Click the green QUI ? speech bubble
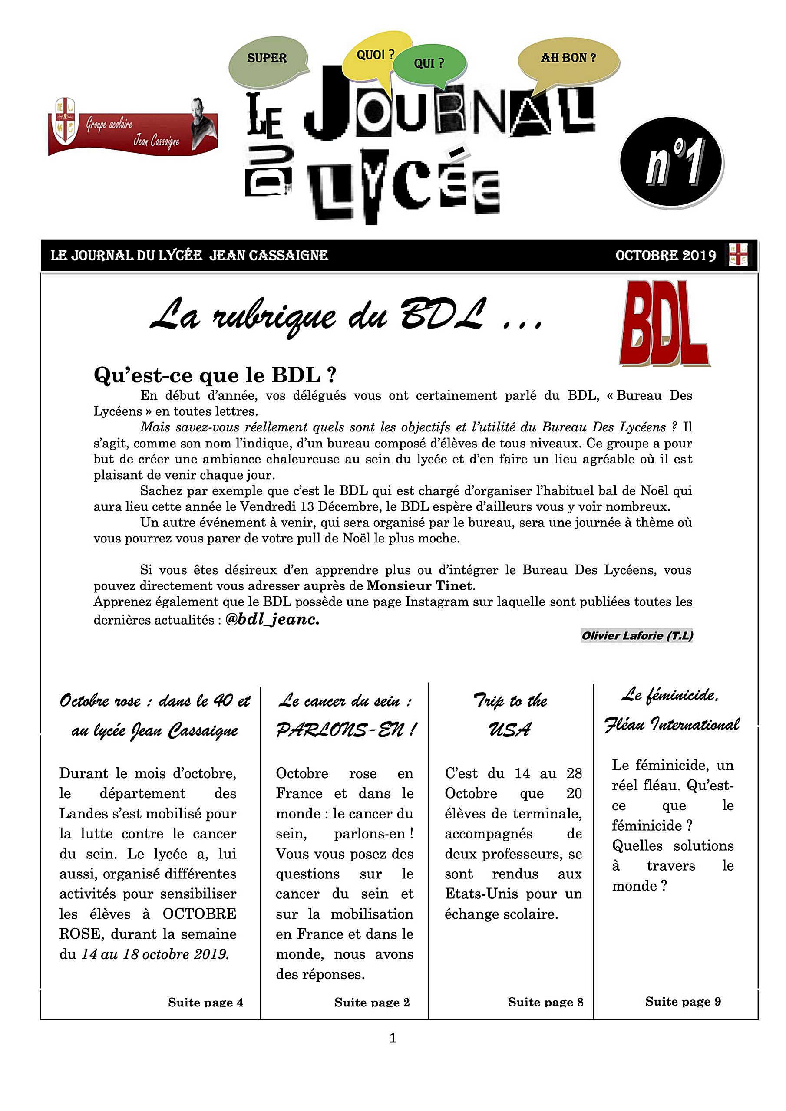[x=429, y=63]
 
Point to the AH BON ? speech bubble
[x=568, y=59]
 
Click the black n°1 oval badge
[x=672, y=162]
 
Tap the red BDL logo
[x=664, y=323]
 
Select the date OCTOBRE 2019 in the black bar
[x=665, y=256]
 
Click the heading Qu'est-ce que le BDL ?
[x=215, y=375]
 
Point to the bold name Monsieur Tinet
[x=419, y=585]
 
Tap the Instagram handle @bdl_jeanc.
[x=272, y=619]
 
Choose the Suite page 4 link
[x=205, y=1002]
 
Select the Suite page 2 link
[x=372, y=1002]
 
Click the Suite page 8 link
[x=545, y=1002]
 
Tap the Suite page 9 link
[x=683, y=1001]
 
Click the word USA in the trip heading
[x=510, y=730]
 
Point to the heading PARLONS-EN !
[x=346, y=730]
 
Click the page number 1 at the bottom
[x=393, y=1038]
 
